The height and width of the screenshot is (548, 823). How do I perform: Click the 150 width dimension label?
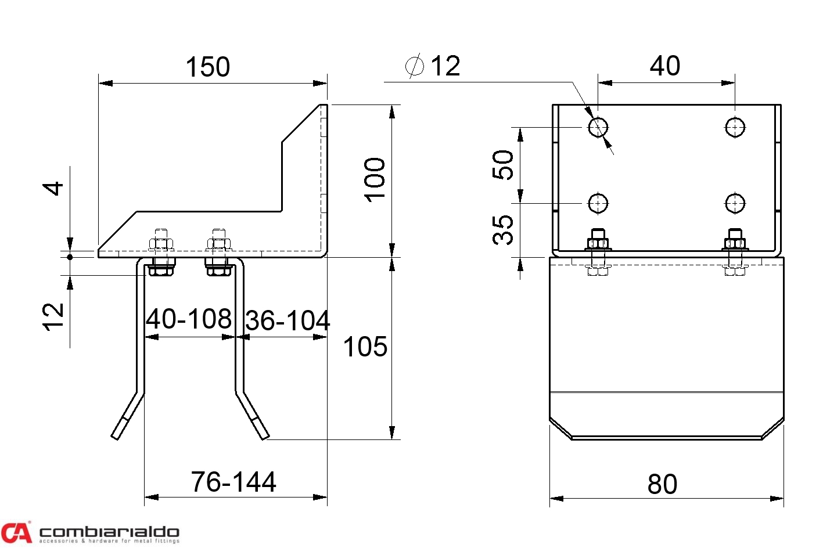pyautogui.click(x=208, y=67)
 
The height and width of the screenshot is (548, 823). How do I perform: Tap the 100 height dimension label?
pyautogui.click(x=375, y=180)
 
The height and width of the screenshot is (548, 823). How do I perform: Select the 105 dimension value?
pyautogui.click(x=365, y=347)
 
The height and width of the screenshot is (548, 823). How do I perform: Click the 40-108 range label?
pyautogui.click(x=189, y=319)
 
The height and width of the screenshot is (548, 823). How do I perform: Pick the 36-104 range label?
pyautogui.click(x=287, y=320)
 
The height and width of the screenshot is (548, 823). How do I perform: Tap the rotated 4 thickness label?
pyautogui.click(x=53, y=189)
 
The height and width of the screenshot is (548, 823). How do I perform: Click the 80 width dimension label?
pyautogui.click(x=663, y=484)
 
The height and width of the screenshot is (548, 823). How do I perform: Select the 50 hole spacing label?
pyautogui.click(x=502, y=165)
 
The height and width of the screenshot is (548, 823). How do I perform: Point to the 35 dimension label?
pyautogui.click(x=502, y=230)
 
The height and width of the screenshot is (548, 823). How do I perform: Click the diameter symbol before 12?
pyautogui.click(x=415, y=66)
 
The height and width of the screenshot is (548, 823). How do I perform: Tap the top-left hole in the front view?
pyautogui.click(x=598, y=127)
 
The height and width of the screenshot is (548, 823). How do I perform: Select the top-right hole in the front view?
pyautogui.click(x=735, y=127)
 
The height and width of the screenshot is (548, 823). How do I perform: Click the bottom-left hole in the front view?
pyautogui.click(x=598, y=203)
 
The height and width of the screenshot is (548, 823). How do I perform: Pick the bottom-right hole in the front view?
pyautogui.click(x=735, y=203)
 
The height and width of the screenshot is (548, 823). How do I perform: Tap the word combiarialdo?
pyautogui.click(x=109, y=532)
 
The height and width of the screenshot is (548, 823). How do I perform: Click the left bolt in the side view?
pyautogui.click(x=161, y=253)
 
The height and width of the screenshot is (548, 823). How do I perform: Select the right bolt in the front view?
pyautogui.click(x=735, y=252)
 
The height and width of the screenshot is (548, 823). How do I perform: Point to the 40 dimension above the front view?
pyautogui.click(x=665, y=66)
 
